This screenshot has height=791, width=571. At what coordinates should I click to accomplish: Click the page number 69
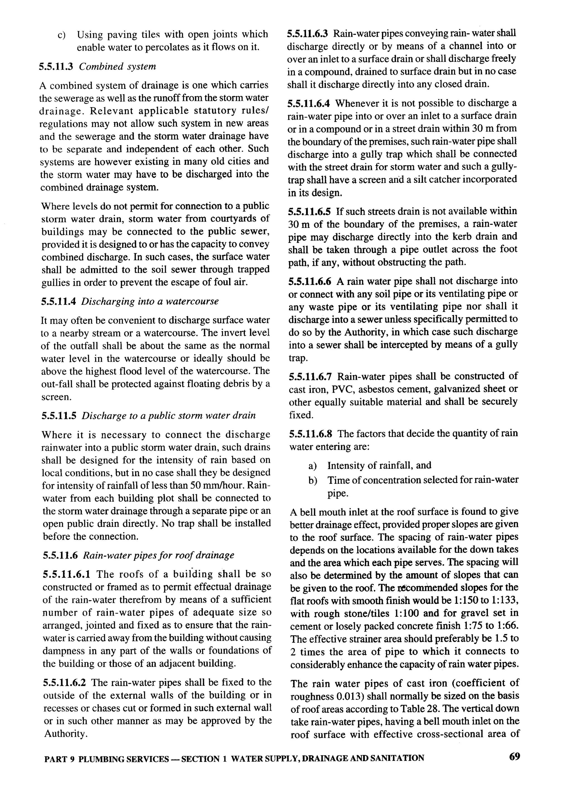tap(514, 756)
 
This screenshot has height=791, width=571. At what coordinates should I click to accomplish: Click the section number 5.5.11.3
tap(56, 66)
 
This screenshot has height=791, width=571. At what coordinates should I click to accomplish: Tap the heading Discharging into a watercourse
tap(150, 301)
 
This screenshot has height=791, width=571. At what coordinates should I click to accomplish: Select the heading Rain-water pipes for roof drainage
tap(159, 555)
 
